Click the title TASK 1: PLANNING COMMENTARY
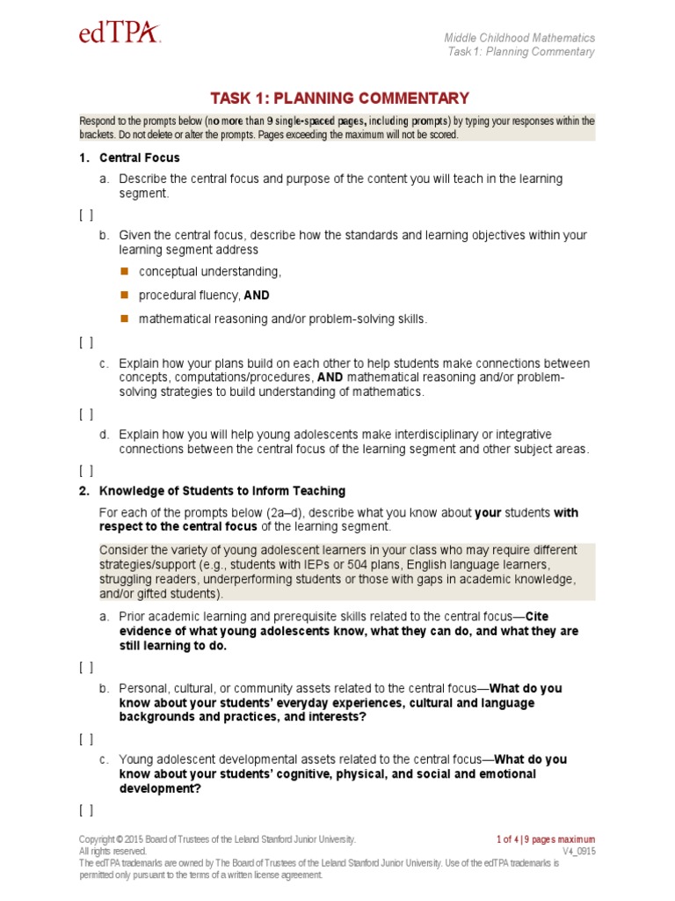[338, 99]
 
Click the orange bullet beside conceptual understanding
[124, 270]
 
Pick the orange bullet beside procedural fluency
[124, 294]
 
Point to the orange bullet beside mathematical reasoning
[124, 318]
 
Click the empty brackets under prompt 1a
[86, 214]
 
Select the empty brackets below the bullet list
[86, 342]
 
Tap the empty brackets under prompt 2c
[86, 809]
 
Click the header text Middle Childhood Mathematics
[519, 38]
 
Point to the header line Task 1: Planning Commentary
[520, 52]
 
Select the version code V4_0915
[578, 852]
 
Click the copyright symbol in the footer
[113, 839]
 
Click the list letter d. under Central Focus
[104, 435]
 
